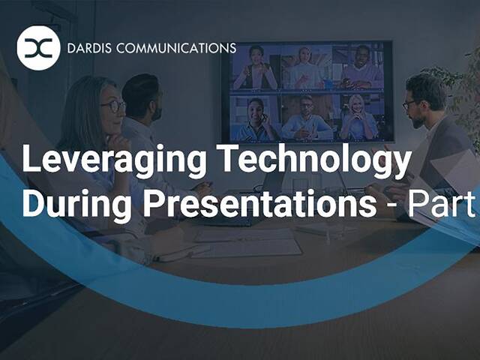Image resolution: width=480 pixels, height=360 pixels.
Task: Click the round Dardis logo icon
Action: point(38,49)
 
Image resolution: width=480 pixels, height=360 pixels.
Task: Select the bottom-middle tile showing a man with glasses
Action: point(307,116)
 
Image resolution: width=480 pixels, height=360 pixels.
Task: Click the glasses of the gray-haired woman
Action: point(113,106)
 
